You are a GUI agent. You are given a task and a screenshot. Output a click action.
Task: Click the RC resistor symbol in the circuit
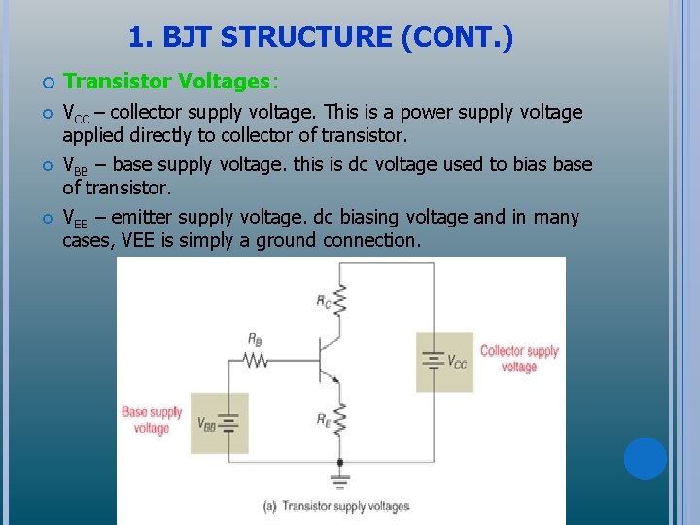[339, 301]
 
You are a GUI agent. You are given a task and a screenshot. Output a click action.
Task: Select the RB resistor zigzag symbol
[256, 360]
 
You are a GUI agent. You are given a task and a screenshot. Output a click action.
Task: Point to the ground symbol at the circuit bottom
[339, 479]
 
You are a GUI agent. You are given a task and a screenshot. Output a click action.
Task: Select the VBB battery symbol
[228, 423]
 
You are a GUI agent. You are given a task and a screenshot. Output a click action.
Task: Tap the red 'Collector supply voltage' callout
[519, 359]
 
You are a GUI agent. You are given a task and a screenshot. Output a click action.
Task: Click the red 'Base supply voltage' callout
[152, 420]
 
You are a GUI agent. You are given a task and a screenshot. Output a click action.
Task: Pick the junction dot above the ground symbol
[339, 461]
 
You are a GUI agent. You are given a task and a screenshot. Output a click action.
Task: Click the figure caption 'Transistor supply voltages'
[335, 507]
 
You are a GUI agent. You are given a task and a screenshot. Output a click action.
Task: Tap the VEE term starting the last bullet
[77, 218]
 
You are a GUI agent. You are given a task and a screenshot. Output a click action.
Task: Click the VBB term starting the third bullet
[75, 165]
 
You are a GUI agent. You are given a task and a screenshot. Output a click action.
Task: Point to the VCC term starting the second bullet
[76, 113]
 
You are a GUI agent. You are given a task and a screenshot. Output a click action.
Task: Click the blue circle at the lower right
[645, 458]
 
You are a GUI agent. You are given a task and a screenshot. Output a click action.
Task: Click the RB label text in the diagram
[254, 339]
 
